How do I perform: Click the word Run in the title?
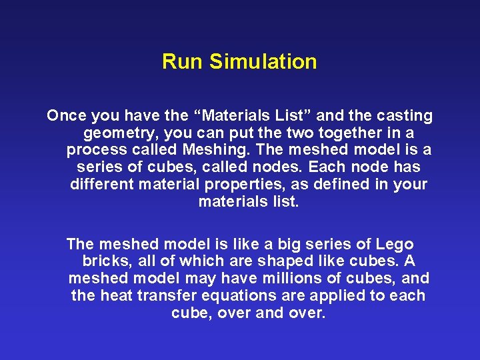[183, 62]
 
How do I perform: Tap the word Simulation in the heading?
[263, 62]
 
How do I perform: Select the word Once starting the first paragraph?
[67, 116]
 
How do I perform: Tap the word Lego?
[394, 244]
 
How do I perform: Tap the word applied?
[339, 295]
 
